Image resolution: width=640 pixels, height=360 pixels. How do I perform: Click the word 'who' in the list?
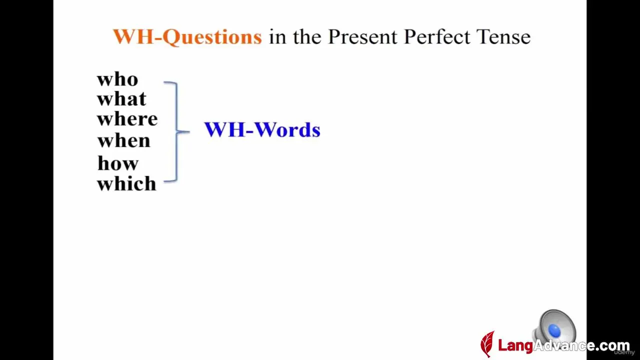point(117,79)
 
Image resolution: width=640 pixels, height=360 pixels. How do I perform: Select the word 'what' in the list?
point(121,99)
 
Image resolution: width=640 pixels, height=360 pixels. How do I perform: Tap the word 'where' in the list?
point(127,119)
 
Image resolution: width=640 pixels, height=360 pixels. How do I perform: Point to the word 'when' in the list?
point(123,140)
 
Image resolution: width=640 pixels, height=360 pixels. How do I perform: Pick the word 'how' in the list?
point(118,163)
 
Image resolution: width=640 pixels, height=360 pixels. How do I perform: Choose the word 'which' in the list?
point(127,183)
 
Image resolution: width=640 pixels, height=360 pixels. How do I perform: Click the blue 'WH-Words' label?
point(262,130)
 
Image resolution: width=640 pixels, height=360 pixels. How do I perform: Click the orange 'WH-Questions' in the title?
point(187,37)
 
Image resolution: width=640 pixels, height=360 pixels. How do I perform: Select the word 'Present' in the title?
point(362,36)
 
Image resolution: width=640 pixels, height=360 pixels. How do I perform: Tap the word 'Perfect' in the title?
point(437,36)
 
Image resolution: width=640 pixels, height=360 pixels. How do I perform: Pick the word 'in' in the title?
point(277,37)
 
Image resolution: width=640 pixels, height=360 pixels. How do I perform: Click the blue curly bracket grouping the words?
point(177,131)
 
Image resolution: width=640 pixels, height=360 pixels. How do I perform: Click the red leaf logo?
point(487,343)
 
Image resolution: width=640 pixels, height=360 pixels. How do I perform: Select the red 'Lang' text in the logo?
point(515,345)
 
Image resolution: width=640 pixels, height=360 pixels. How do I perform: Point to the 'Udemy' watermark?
point(624,352)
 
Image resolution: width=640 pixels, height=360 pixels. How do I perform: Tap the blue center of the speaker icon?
point(554,331)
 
